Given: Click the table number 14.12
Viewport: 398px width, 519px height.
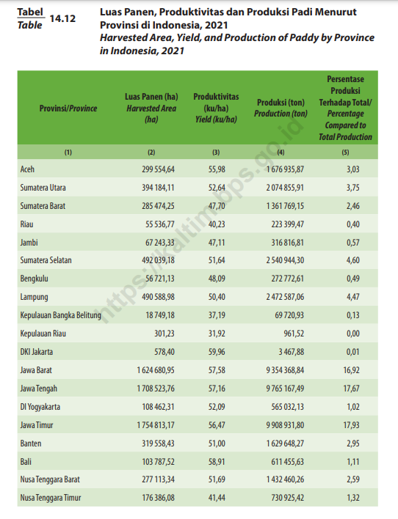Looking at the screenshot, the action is coord(62,18).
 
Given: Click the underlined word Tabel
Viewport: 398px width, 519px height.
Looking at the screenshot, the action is coord(30,12).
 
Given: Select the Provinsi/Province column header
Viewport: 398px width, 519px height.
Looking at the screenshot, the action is coord(68,108).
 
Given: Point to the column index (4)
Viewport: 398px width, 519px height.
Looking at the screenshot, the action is coord(281,152).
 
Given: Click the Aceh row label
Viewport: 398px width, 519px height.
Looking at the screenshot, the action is coord(27,169).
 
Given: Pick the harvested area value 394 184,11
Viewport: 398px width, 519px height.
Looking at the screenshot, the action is coord(158,188).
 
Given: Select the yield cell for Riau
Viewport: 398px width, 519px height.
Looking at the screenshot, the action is coord(217,224).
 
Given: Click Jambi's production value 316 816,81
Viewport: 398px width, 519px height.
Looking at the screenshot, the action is coord(287,243).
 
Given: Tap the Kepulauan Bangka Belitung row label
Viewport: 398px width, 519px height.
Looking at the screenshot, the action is coord(61,315).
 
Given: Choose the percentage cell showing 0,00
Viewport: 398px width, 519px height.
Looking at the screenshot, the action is coord(353,334).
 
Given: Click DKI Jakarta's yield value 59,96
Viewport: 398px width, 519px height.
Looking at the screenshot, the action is coord(217,352).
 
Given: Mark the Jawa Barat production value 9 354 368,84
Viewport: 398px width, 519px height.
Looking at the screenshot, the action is coord(285,370).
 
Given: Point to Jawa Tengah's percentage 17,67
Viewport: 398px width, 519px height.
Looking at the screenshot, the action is coord(351,389).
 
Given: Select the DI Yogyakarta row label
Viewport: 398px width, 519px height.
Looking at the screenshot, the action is coord(40,407).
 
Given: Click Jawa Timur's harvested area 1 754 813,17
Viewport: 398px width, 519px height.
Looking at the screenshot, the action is coord(156,425).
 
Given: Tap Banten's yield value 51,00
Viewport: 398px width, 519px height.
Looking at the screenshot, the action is coord(217,443).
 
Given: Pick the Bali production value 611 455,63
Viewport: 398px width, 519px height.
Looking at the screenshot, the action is coord(287,462).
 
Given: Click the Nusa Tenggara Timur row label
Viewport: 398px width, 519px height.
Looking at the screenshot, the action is coord(51,498).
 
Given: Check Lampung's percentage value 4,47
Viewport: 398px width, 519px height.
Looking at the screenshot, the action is coord(353,297).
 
